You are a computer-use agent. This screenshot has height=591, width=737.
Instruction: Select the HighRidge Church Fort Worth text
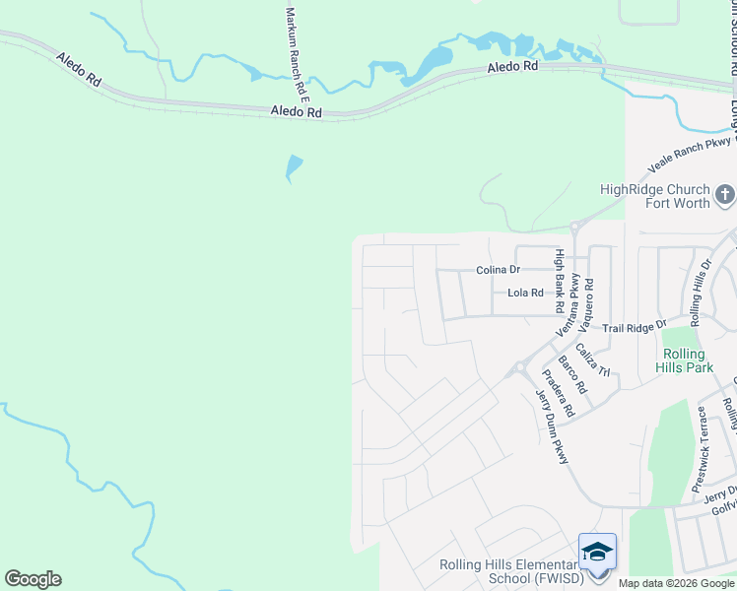point(655,196)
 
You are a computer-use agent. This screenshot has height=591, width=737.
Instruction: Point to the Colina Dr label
point(498,269)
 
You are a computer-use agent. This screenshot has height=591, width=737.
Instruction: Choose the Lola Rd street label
point(525,293)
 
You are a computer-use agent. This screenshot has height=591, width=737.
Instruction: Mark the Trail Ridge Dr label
point(635,325)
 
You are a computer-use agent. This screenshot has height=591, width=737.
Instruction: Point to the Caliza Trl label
point(594,360)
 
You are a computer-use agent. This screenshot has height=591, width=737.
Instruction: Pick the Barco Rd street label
point(572,374)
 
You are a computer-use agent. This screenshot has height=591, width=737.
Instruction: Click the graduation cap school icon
point(597,552)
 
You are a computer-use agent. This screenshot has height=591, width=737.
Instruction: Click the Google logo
point(33,579)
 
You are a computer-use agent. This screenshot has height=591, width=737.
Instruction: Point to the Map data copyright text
point(676,583)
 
